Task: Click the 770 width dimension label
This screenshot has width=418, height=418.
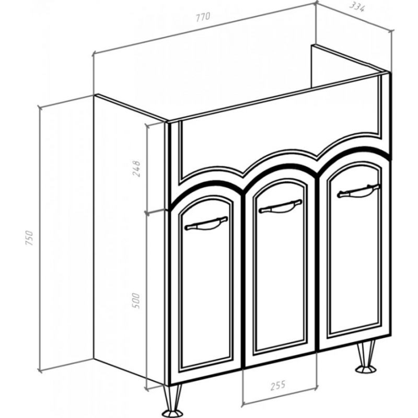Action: (x=203, y=17)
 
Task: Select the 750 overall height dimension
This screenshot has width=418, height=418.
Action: (x=29, y=238)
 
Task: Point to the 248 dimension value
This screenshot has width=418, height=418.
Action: (x=136, y=168)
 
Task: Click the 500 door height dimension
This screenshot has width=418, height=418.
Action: (x=136, y=301)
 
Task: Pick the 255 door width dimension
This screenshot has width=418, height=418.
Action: (x=278, y=386)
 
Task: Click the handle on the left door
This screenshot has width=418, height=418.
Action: (x=206, y=224)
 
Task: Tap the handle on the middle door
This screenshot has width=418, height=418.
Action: (x=281, y=206)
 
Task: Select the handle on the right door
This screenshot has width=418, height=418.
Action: (x=358, y=190)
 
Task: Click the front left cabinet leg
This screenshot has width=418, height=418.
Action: (x=172, y=400)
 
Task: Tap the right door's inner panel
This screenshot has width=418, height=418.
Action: (x=355, y=248)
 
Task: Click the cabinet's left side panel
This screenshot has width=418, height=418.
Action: (x=130, y=240)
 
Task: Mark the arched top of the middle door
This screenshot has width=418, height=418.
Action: (x=280, y=171)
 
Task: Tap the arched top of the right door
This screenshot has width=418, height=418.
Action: (x=355, y=154)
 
